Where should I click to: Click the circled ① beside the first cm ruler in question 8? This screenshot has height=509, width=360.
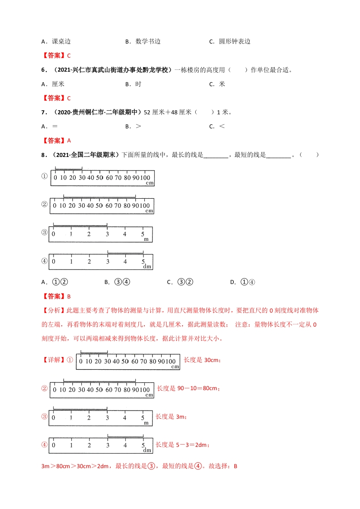pyautogui.click(x=44, y=176)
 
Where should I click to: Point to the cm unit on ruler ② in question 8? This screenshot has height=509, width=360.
pyautogui.click(x=150, y=211)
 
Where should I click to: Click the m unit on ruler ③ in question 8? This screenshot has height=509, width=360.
pyautogui.click(x=146, y=240)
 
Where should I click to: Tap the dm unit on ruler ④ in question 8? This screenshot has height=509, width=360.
pyautogui.click(x=147, y=267)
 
